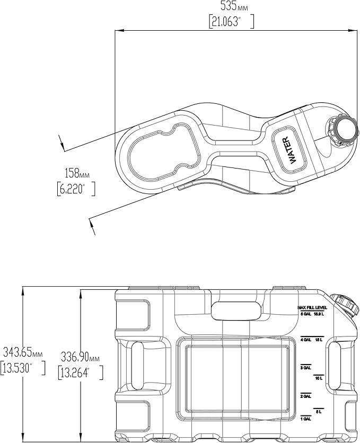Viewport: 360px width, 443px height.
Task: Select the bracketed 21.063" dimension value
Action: point(232,22)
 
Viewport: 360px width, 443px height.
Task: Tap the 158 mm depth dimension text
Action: point(75,174)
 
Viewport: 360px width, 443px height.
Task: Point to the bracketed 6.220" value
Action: point(75,189)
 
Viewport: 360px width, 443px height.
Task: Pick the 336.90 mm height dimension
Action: point(80,359)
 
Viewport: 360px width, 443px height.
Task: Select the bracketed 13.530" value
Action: point(23,367)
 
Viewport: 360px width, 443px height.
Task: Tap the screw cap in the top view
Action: point(344,130)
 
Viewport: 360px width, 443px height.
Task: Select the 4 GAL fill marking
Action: point(305,340)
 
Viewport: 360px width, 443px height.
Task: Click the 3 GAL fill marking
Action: point(305,368)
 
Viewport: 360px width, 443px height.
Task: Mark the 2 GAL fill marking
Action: point(305,396)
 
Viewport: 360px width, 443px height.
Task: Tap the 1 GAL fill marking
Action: point(305,420)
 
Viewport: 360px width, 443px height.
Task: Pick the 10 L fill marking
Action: point(319,378)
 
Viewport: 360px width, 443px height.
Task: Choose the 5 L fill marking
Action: point(319,411)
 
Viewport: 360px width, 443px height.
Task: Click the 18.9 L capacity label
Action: point(318,314)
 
